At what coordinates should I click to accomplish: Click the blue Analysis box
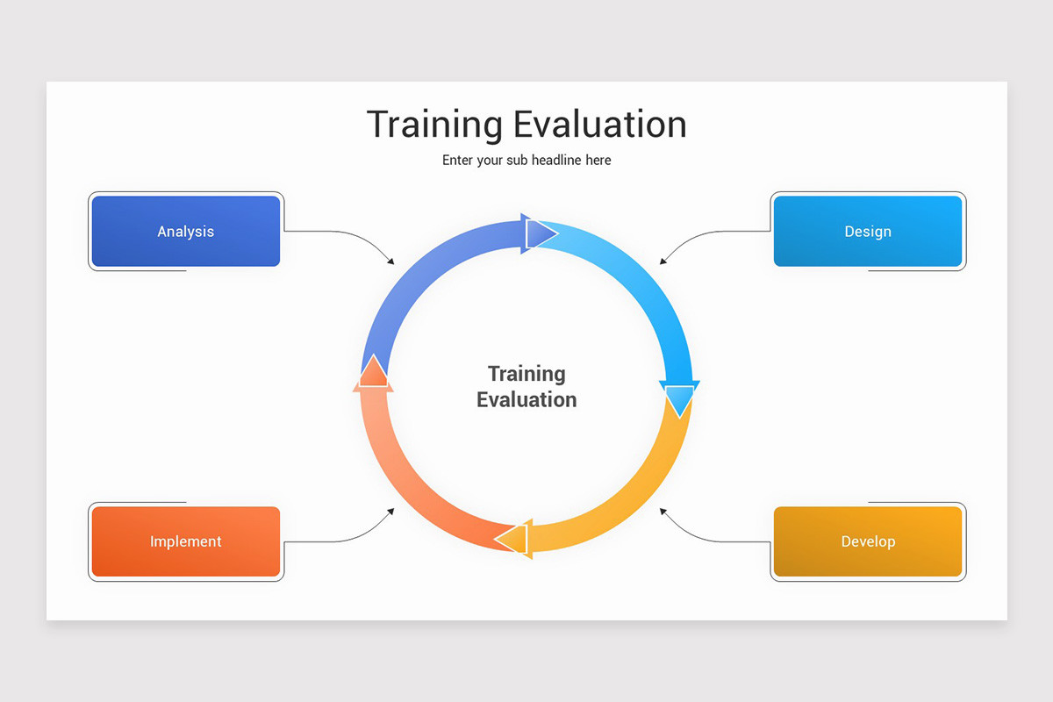pyautogui.click(x=186, y=232)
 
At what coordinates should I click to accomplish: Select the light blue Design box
pyautogui.click(x=868, y=232)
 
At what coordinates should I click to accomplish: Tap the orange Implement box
pyautogui.click(x=186, y=541)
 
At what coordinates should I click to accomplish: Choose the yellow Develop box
pyautogui.click(x=868, y=541)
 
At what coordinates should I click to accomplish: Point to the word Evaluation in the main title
pyautogui.click(x=599, y=125)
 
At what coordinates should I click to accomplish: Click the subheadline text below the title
pyautogui.click(x=526, y=161)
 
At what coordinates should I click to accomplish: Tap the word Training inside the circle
pyautogui.click(x=526, y=374)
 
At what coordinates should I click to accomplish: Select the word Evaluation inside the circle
pyautogui.click(x=526, y=400)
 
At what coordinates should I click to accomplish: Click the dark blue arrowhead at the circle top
pyautogui.click(x=538, y=233)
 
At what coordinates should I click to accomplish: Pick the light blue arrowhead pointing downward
pyautogui.click(x=679, y=399)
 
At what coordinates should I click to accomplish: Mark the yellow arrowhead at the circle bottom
pyautogui.click(x=514, y=538)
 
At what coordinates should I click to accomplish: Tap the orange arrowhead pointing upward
pyautogui.click(x=374, y=372)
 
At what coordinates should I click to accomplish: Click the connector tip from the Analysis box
pyautogui.click(x=392, y=262)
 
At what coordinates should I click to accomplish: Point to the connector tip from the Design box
pyautogui.click(x=662, y=262)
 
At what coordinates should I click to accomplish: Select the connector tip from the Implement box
pyautogui.click(x=392, y=509)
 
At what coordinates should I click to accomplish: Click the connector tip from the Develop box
pyautogui.click(x=662, y=509)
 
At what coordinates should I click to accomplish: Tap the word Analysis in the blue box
pyautogui.click(x=186, y=232)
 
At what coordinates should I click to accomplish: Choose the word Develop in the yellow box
pyautogui.click(x=868, y=541)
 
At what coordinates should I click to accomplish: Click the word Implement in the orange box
pyautogui.click(x=186, y=541)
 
